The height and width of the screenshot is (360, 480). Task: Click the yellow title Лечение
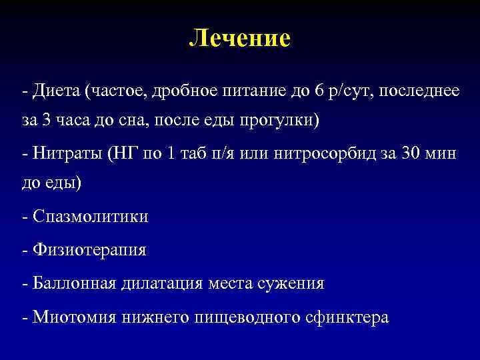point(240,38)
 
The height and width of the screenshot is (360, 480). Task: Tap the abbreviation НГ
point(123,153)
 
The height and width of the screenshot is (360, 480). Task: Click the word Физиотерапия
point(88,250)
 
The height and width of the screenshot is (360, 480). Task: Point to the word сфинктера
point(351,317)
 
